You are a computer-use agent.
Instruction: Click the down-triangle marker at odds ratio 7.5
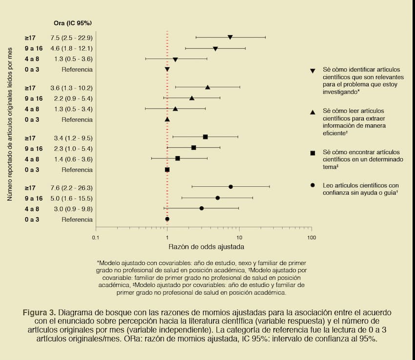point(230,38)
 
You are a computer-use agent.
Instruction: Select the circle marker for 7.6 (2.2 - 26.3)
point(230,187)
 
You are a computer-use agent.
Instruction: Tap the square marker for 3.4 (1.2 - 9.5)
point(205,137)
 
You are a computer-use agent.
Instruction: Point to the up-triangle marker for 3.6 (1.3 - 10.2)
point(207,87)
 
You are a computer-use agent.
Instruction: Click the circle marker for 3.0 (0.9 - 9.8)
point(201,208)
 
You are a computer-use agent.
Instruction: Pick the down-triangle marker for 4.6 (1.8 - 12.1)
point(215,49)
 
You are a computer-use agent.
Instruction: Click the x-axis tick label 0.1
point(96,238)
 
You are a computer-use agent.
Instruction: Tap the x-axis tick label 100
point(311,238)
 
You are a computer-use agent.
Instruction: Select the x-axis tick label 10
point(239,238)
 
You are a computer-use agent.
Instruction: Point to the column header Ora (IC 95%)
point(73,23)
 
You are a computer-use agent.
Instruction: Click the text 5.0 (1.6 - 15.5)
point(71,198)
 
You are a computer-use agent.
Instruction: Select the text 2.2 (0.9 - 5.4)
point(71,99)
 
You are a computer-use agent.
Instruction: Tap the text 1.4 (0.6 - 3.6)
point(71,159)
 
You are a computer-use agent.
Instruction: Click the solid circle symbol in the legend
point(312,186)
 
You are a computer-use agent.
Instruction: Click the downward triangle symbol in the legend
point(312,71)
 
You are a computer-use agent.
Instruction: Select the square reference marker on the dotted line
point(167,170)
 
